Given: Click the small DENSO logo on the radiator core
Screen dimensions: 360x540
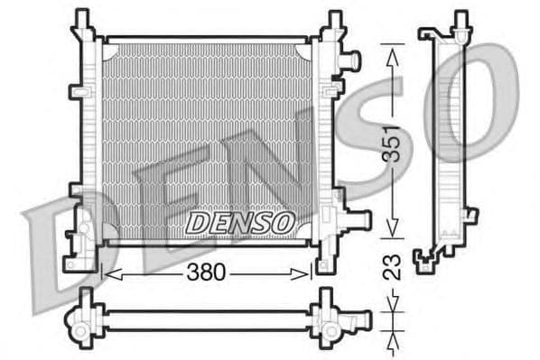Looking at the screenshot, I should tap(240, 220).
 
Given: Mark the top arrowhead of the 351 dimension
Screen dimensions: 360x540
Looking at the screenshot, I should tap(392, 52).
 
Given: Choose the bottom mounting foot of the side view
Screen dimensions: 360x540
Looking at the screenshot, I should tap(426, 261).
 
